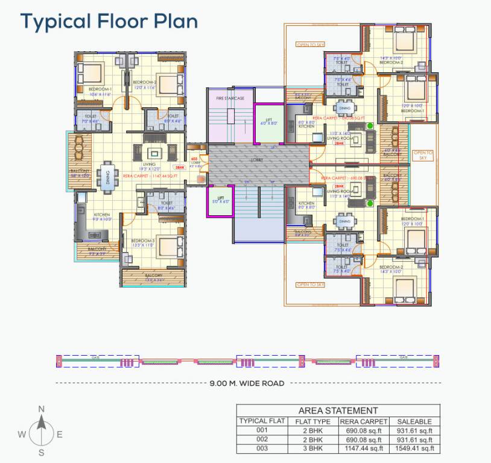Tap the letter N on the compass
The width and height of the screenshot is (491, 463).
click(41, 409)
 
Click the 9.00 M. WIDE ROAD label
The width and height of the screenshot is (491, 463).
click(247, 383)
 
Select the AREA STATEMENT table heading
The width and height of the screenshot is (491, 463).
click(338, 411)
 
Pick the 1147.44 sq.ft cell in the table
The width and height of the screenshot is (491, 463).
click(363, 448)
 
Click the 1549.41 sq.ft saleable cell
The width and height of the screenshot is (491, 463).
click(414, 448)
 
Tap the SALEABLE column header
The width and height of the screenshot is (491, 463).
click(414, 421)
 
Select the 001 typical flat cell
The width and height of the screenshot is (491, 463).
click(261, 430)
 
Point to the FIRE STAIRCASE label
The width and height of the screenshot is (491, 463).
click(230, 98)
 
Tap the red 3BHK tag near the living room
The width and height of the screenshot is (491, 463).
click(179, 168)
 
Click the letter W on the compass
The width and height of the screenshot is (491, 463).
click(21, 434)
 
